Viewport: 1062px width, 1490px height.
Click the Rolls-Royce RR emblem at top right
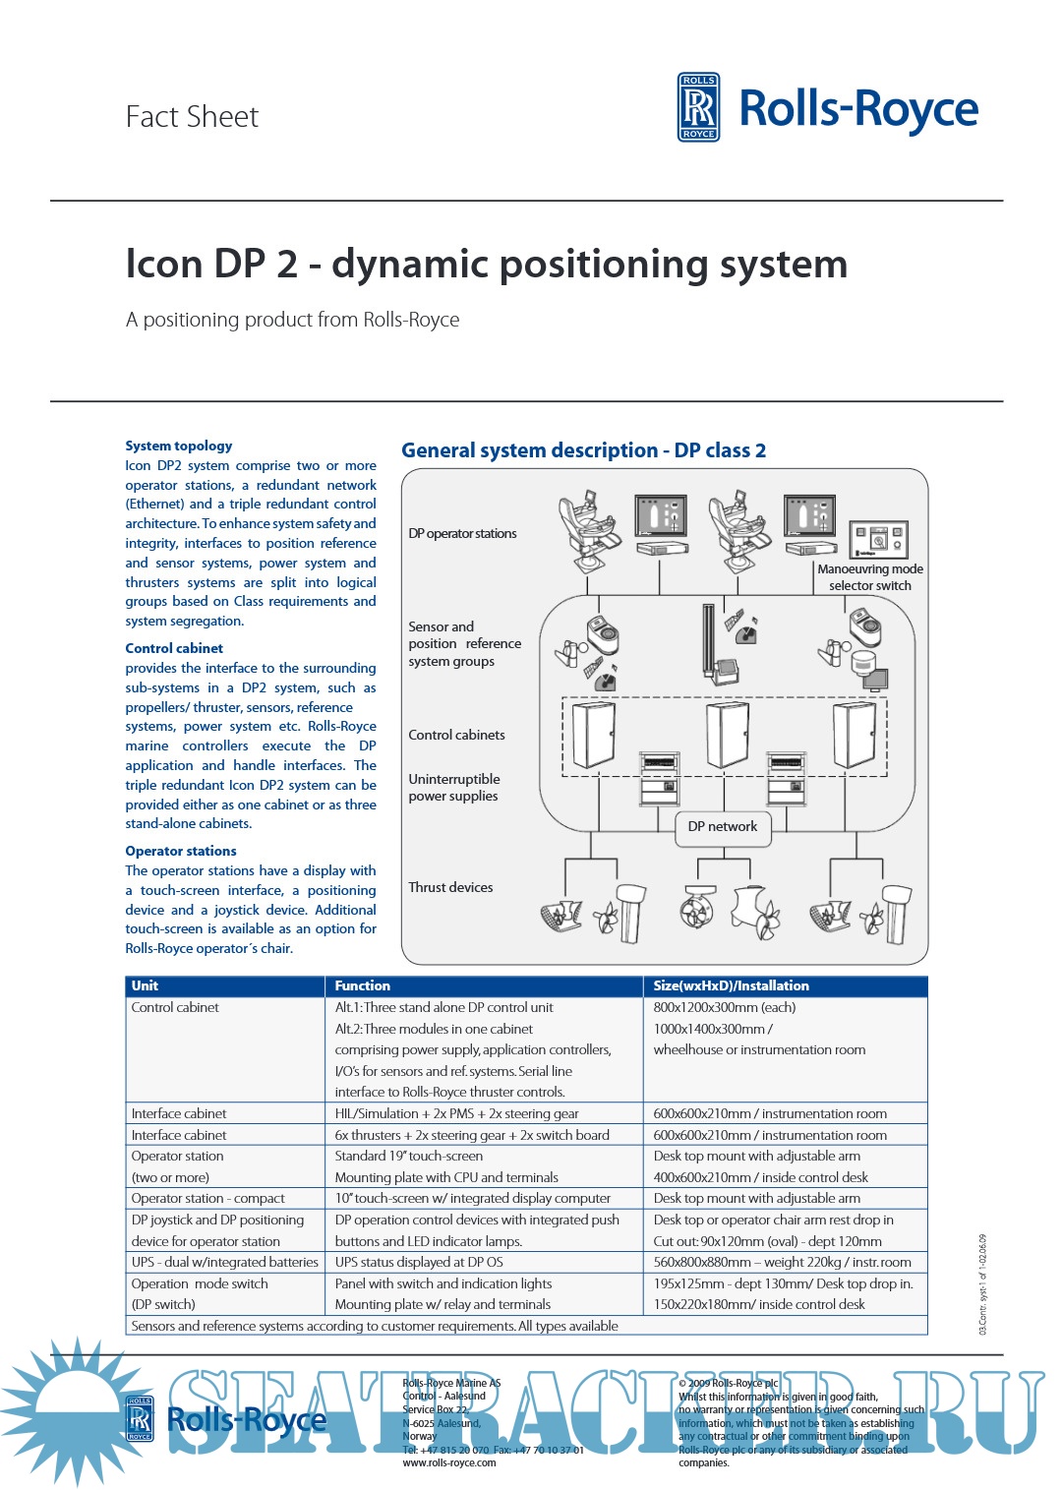pos(698,107)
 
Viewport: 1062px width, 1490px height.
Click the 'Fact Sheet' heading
pos(192,117)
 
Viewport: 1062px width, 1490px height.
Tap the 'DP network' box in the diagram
pos(723,827)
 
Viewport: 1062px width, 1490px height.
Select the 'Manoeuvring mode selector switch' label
pos(870,577)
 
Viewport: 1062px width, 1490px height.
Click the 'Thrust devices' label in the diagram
pos(450,887)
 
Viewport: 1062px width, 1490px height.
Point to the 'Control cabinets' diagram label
pos(456,735)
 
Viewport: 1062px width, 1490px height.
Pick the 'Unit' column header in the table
pos(145,985)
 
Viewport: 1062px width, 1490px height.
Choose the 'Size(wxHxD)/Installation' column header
pos(731,985)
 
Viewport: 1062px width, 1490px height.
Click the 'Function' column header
pos(362,985)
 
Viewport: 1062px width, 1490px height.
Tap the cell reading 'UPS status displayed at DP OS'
pos(419,1262)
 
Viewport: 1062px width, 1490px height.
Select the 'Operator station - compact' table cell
pos(207,1198)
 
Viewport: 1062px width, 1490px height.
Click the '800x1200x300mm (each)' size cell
pos(724,1007)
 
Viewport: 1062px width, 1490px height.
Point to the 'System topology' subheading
pos(179,446)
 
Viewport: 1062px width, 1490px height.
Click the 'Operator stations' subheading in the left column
pos(181,851)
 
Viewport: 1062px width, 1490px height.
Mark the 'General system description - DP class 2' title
pos(583,450)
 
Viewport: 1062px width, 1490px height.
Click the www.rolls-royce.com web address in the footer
pos(449,1462)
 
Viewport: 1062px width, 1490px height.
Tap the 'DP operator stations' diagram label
pos(462,533)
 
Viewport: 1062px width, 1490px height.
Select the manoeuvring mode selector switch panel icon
pos(878,539)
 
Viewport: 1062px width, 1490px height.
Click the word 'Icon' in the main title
pos(161,264)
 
